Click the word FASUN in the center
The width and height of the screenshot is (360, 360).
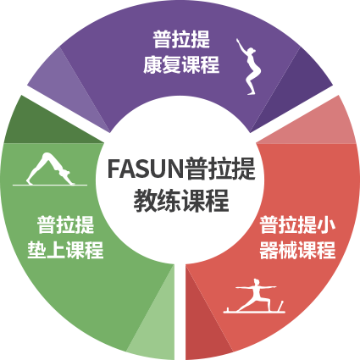pyautogui.click(x=146, y=169)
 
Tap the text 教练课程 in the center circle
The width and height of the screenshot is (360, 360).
pyautogui.click(x=181, y=201)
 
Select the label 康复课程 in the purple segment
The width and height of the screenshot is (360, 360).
pyautogui.click(x=181, y=65)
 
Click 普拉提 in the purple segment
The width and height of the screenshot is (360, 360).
pyautogui.click(x=181, y=39)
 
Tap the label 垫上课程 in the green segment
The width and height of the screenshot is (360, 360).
pyautogui.click(x=65, y=250)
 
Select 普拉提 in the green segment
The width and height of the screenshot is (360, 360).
pyautogui.click(x=65, y=224)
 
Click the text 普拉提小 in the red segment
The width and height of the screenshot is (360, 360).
pyautogui.click(x=297, y=224)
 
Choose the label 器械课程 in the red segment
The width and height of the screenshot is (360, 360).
pyautogui.click(x=297, y=250)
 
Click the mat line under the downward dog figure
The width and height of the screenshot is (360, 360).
pyautogui.click(x=50, y=186)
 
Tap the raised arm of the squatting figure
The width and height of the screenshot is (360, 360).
pyautogui.click(x=241, y=46)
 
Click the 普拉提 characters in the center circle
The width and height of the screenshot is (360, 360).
pyautogui.click(x=220, y=169)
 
